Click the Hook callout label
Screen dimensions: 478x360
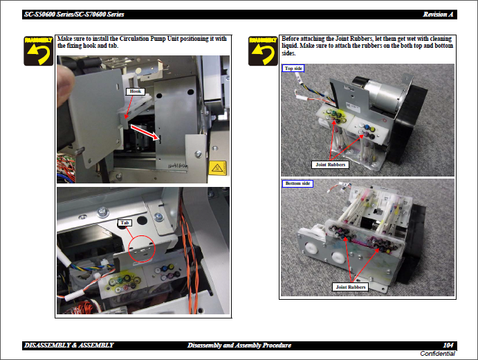(x=136, y=91)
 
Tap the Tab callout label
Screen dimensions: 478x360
(x=125, y=223)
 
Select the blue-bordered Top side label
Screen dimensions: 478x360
(x=293, y=69)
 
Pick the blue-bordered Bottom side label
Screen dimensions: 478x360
(x=297, y=183)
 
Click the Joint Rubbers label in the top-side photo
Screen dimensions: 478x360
(x=330, y=165)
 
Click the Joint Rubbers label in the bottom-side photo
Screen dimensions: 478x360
(x=351, y=287)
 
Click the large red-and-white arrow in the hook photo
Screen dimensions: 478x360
(x=145, y=132)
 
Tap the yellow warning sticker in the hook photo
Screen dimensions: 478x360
(x=217, y=168)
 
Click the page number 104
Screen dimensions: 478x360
(x=448, y=345)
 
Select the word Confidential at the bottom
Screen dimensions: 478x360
(x=437, y=354)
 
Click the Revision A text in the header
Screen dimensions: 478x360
(x=438, y=15)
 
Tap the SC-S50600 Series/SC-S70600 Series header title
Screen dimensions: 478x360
(x=74, y=15)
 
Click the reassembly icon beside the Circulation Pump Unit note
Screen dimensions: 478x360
(x=39, y=51)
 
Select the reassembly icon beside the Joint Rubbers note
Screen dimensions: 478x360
(x=263, y=51)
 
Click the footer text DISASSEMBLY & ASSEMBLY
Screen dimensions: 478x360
(x=69, y=345)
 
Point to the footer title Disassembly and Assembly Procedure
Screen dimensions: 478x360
(x=239, y=345)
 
